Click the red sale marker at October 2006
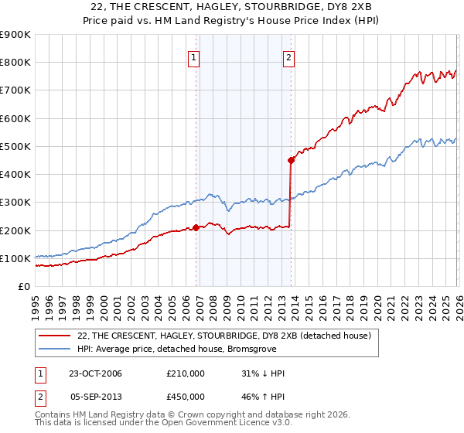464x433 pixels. [x=196, y=227]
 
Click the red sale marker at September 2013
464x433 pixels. [x=291, y=161]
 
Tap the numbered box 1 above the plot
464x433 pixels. [x=193, y=56]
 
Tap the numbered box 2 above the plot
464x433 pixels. [x=288, y=56]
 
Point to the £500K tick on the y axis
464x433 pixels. [x=15, y=146]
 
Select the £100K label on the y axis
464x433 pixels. [x=15, y=258]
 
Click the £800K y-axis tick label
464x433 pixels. [x=15, y=63]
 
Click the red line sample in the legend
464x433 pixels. [x=55, y=336]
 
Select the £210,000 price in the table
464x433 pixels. [x=186, y=373]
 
